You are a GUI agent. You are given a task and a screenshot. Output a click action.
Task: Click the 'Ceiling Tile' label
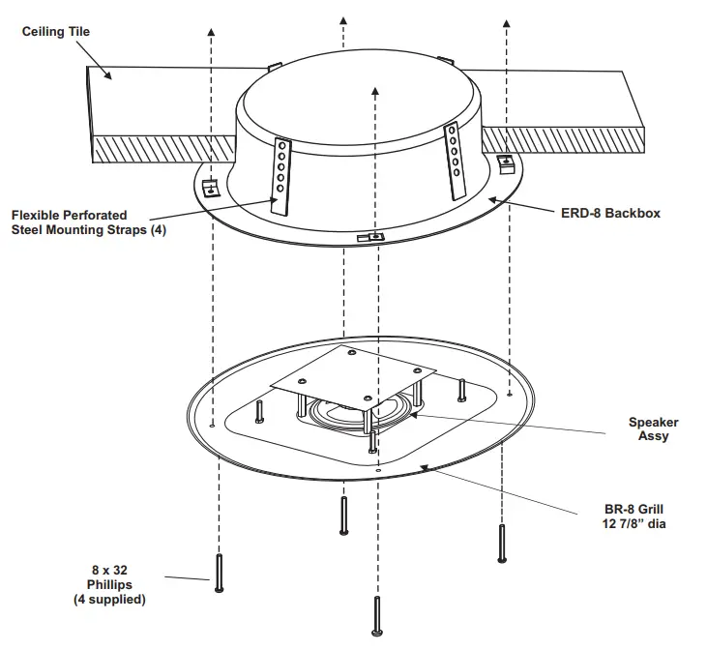point(55,32)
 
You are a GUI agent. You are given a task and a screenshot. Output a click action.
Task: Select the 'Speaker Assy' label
point(654,428)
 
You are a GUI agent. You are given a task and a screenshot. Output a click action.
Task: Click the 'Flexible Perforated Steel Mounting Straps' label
point(83,221)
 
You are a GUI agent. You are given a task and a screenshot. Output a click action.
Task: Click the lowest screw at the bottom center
point(375,618)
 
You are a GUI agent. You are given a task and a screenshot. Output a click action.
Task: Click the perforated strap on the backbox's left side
point(281,175)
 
